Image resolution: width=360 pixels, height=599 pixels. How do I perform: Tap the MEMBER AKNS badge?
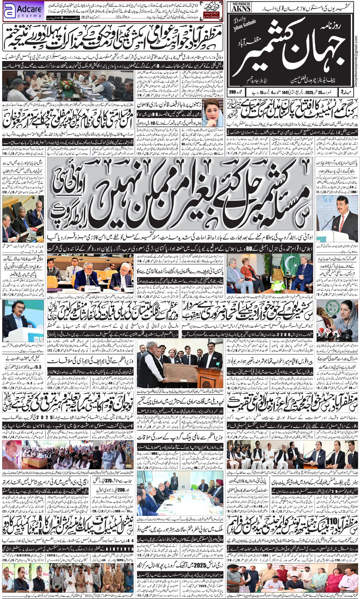click(x=241, y=7)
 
